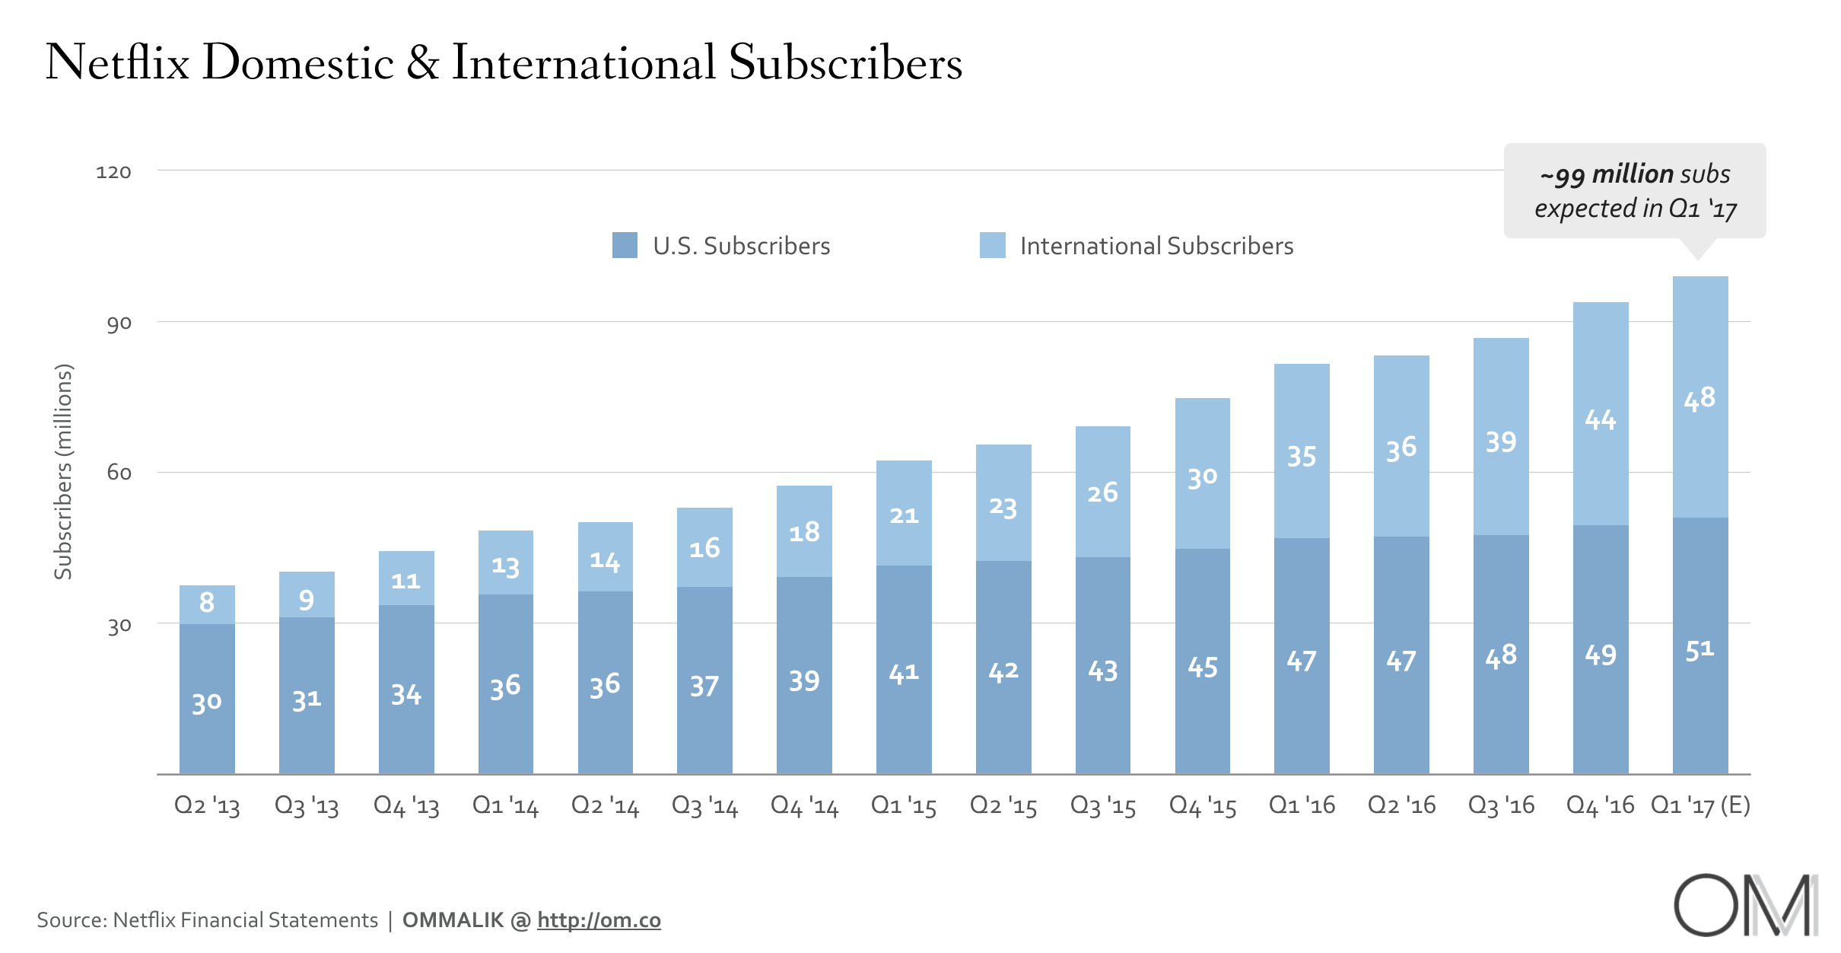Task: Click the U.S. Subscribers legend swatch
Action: (x=625, y=245)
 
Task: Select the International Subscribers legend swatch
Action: (x=992, y=245)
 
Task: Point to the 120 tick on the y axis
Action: (x=113, y=172)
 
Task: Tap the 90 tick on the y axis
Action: (x=119, y=324)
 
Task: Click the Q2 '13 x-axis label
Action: (x=207, y=805)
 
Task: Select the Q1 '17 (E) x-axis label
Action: (x=1700, y=805)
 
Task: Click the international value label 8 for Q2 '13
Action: (x=207, y=602)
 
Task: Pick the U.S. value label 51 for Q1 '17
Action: (x=1700, y=650)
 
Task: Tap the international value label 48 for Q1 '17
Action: (x=1700, y=398)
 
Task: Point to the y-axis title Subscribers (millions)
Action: (x=63, y=472)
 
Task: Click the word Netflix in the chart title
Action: (x=117, y=62)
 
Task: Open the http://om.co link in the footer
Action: (x=599, y=920)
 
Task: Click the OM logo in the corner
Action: (x=1745, y=906)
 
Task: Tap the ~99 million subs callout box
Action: (x=1635, y=191)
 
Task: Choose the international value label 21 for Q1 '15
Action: (x=904, y=516)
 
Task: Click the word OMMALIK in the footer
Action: (x=453, y=920)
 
